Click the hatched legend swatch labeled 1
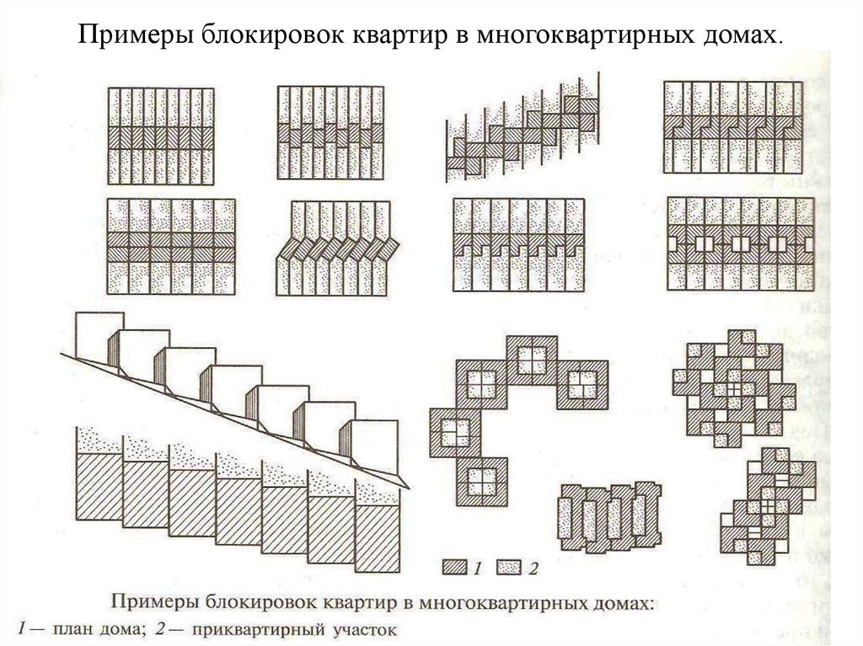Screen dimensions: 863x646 pyautogui.click(x=454, y=568)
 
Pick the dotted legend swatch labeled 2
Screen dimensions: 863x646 pyautogui.click(x=509, y=568)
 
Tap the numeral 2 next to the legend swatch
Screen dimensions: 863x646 pyautogui.click(x=533, y=568)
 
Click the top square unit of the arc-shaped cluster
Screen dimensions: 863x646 pyautogui.click(x=532, y=360)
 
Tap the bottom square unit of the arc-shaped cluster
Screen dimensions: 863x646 pyautogui.click(x=481, y=482)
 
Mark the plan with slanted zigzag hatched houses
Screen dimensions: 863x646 pyautogui.click(x=337, y=248)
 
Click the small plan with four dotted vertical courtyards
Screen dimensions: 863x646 pyautogui.click(x=610, y=517)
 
